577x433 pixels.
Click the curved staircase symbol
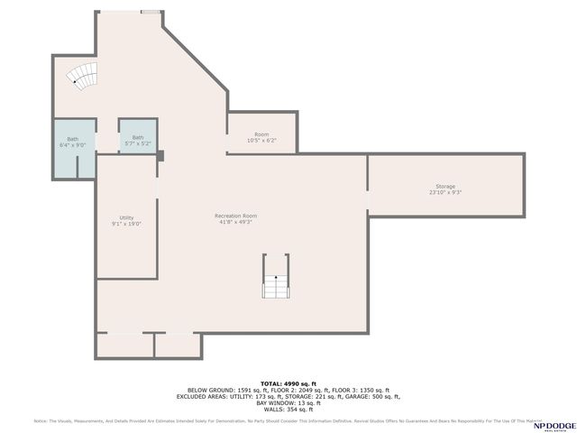[85, 78]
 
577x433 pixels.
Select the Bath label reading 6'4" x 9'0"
[72, 142]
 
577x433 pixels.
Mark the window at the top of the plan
[151, 12]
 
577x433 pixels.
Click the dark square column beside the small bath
[160, 155]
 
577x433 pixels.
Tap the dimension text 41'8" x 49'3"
[236, 222]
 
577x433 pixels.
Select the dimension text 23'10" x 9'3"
[445, 193]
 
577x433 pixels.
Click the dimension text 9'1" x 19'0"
[127, 224]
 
